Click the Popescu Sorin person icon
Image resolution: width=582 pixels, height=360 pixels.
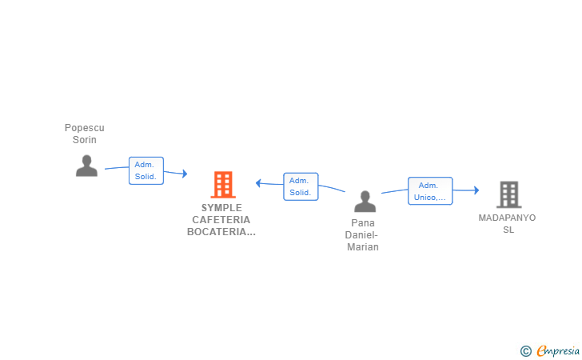(x=86, y=166)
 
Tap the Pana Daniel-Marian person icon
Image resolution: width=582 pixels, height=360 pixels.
(x=365, y=202)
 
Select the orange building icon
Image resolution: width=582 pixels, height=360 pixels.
(x=223, y=184)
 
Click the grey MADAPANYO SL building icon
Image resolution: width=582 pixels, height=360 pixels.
(x=509, y=194)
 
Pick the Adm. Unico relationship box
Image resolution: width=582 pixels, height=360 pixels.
(x=430, y=191)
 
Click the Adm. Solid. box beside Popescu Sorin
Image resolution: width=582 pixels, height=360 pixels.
(x=146, y=170)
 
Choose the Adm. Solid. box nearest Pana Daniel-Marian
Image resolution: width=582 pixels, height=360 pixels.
(x=301, y=186)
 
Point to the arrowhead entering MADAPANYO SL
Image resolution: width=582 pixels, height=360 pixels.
(x=476, y=190)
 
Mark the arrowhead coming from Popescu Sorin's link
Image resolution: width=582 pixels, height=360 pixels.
(x=185, y=174)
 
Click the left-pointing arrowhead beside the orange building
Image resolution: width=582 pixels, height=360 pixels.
(x=258, y=182)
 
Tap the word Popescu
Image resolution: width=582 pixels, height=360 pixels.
(x=85, y=128)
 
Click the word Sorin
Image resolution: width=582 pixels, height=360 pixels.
(x=85, y=140)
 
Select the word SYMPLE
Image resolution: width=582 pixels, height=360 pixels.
(x=221, y=208)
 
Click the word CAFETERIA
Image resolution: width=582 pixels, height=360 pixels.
(x=221, y=219)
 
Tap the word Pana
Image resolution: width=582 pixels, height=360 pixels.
(x=363, y=223)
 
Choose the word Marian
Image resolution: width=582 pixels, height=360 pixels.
(x=363, y=246)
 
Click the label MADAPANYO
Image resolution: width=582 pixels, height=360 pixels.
(x=507, y=218)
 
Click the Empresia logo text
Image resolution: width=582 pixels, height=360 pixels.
(x=558, y=351)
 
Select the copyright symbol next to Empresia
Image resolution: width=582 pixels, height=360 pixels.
(x=526, y=351)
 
